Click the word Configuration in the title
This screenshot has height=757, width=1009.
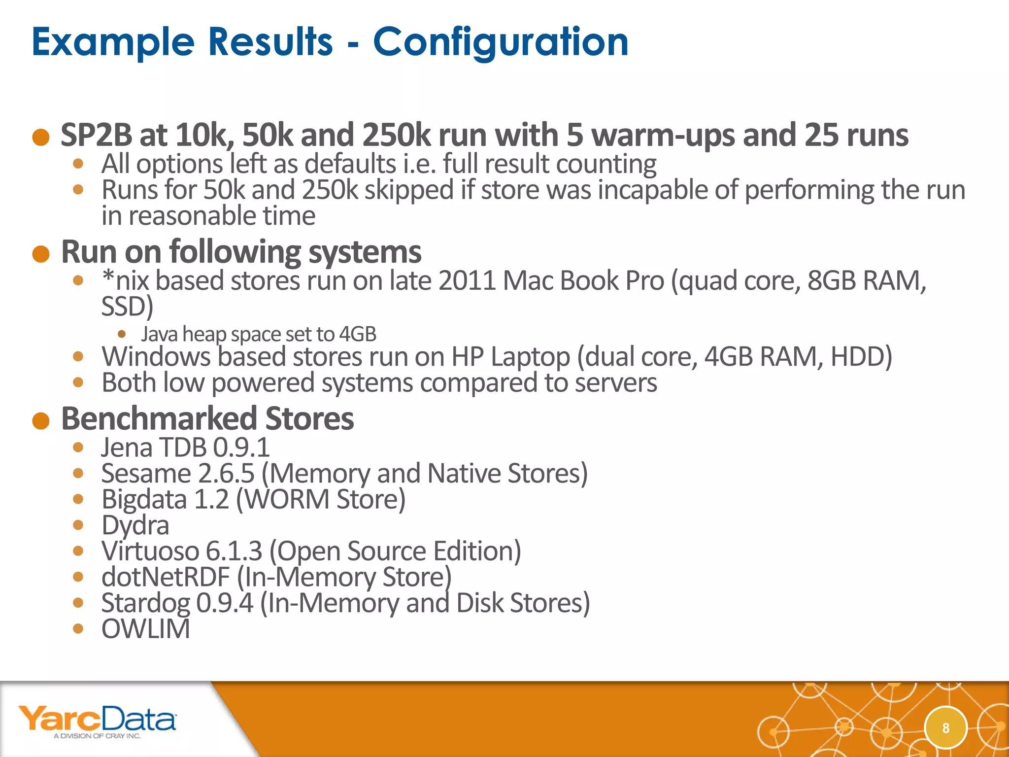[501, 42]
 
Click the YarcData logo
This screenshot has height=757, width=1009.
[97, 721]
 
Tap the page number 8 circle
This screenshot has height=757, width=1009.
[945, 728]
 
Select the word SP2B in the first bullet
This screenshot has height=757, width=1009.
[96, 135]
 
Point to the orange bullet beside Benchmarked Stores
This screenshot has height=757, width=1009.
[41, 421]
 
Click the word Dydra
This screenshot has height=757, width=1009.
[135, 525]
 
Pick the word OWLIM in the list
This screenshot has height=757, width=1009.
[145, 629]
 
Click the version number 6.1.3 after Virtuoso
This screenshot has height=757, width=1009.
[234, 551]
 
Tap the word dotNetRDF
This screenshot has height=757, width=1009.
[166, 577]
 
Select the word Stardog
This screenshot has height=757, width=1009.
[145, 603]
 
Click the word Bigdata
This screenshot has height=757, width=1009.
[144, 499]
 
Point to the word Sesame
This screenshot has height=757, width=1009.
[146, 474]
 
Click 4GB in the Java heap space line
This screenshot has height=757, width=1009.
[358, 334]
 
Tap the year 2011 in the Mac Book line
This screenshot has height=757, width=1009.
[467, 281]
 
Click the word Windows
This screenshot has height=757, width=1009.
[156, 357]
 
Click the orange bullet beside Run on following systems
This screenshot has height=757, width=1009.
[41, 254]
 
